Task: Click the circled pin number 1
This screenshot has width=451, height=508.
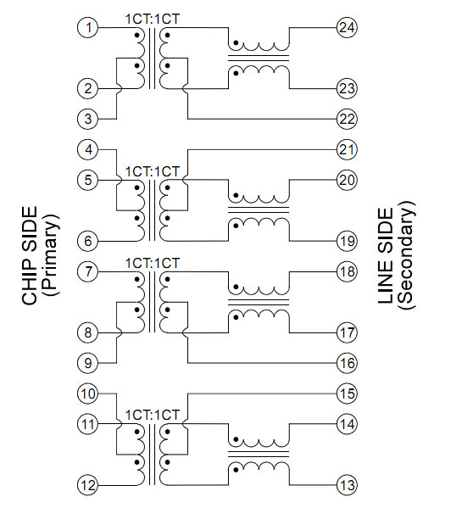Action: [x=87, y=28]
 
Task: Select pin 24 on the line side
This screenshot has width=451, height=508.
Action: [x=346, y=28]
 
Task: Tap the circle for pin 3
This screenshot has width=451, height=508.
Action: [x=87, y=118]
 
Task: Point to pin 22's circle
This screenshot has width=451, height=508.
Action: [x=346, y=118]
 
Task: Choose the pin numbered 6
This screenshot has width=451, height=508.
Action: [x=87, y=242]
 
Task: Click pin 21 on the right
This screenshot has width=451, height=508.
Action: [x=346, y=150]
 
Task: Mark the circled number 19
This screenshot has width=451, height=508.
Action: [x=346, y=242]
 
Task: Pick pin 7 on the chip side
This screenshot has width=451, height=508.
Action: [x=87, y=272]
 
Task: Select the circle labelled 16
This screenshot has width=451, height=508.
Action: [x=346, y=362]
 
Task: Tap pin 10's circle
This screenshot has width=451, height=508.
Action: [x=87, y=394]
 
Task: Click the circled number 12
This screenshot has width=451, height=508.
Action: [x=87, y=485]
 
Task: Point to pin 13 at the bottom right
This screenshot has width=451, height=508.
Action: [x=346, y=485]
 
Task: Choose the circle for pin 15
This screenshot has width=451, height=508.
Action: [x=346, y=394]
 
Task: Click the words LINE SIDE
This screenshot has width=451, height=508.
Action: [x=386, y=255]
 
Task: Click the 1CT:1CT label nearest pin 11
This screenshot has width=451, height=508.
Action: [x=153, y=416]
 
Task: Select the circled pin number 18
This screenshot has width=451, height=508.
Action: [x=346, y=272]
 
